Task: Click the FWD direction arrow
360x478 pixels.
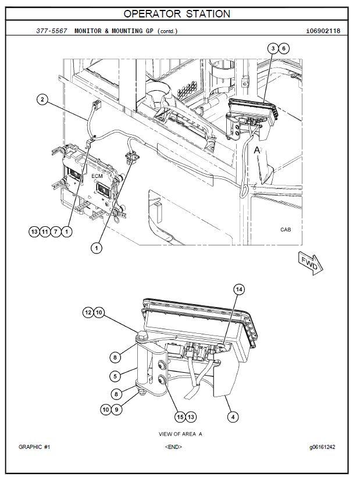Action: [x=310, y=263]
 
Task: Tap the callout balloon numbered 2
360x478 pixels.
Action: [x=42, y=99]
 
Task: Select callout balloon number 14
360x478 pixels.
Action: [x=239, y=289]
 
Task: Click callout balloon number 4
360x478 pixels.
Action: [x=233, y=417]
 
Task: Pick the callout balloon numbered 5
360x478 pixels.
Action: [x=115, y=376]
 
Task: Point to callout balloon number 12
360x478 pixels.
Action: [x=88, y=312]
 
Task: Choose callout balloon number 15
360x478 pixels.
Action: [x=180, y=417]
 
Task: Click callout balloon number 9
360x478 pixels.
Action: [x=116, y=409]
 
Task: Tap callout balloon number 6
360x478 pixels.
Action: [x=284, y=48]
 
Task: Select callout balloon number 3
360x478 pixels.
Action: [x=273, y=48]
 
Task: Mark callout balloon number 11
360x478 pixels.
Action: [x=45, y=231]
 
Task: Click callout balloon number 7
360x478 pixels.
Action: [x=55, y=231]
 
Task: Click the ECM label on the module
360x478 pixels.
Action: [x=97, y=176]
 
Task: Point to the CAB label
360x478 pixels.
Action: [x=286, y=230]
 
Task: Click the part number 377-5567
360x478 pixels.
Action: [x=52, y=31]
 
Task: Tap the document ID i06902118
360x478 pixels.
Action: [x=323, y=31]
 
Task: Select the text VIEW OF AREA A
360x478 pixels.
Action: [x=180, y=434]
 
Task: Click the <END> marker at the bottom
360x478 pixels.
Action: [x=173, y=447]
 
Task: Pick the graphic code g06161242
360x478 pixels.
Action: [x=322, y=447]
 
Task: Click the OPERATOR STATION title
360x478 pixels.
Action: [x=177, y=14]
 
